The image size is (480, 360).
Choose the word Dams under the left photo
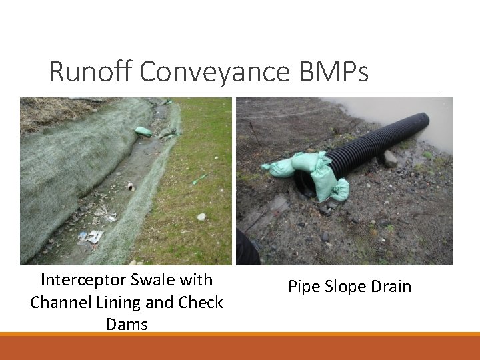point(127,325)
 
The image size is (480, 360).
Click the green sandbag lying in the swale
point(143,131)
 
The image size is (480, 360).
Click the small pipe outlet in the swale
point(131,187)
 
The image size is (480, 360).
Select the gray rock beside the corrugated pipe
point(389,159)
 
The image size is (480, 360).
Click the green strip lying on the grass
point(199,179)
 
